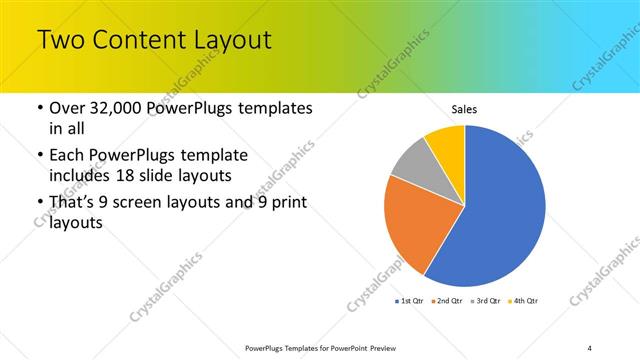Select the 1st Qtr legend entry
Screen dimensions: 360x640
click(x=412, y=300)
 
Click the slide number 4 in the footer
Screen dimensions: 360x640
click(x=590, y=347)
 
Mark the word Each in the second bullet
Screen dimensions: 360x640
click(x=67, y=156)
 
